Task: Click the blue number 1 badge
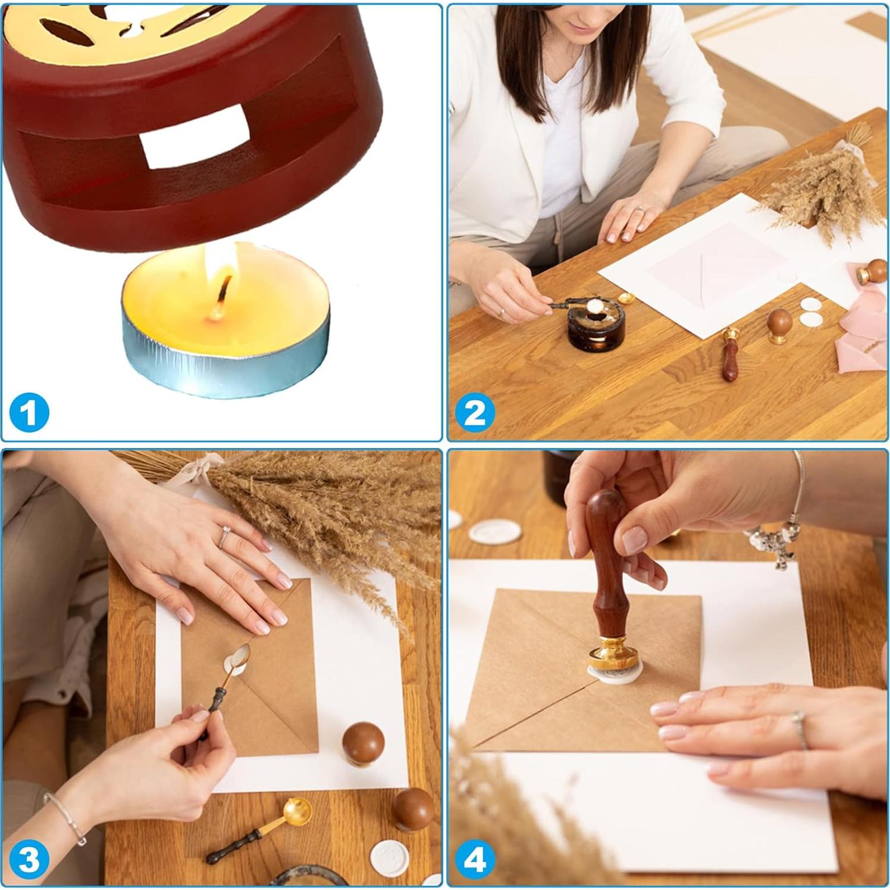click(x=29, y=412)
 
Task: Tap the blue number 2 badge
click(x=475, y=412)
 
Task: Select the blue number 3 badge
click(x=29, y=859)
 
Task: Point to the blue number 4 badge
click(x=475, y=859)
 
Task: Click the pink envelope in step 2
click(x=714, y=262)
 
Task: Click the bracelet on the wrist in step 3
click(x=65, y=817)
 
